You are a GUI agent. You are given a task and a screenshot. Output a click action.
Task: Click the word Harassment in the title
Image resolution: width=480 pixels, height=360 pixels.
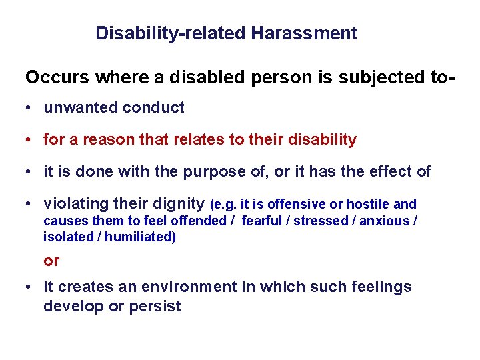[304, 33]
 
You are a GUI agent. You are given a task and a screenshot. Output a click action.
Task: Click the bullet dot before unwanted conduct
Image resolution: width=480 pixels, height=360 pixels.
[29, 108]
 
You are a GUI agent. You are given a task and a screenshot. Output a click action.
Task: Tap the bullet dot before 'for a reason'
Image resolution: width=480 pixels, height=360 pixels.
[29, 141]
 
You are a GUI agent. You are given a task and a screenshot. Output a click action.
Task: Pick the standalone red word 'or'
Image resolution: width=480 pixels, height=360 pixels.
[51, 261]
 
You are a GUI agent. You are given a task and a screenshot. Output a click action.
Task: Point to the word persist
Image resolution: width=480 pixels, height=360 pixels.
[155, 307]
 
